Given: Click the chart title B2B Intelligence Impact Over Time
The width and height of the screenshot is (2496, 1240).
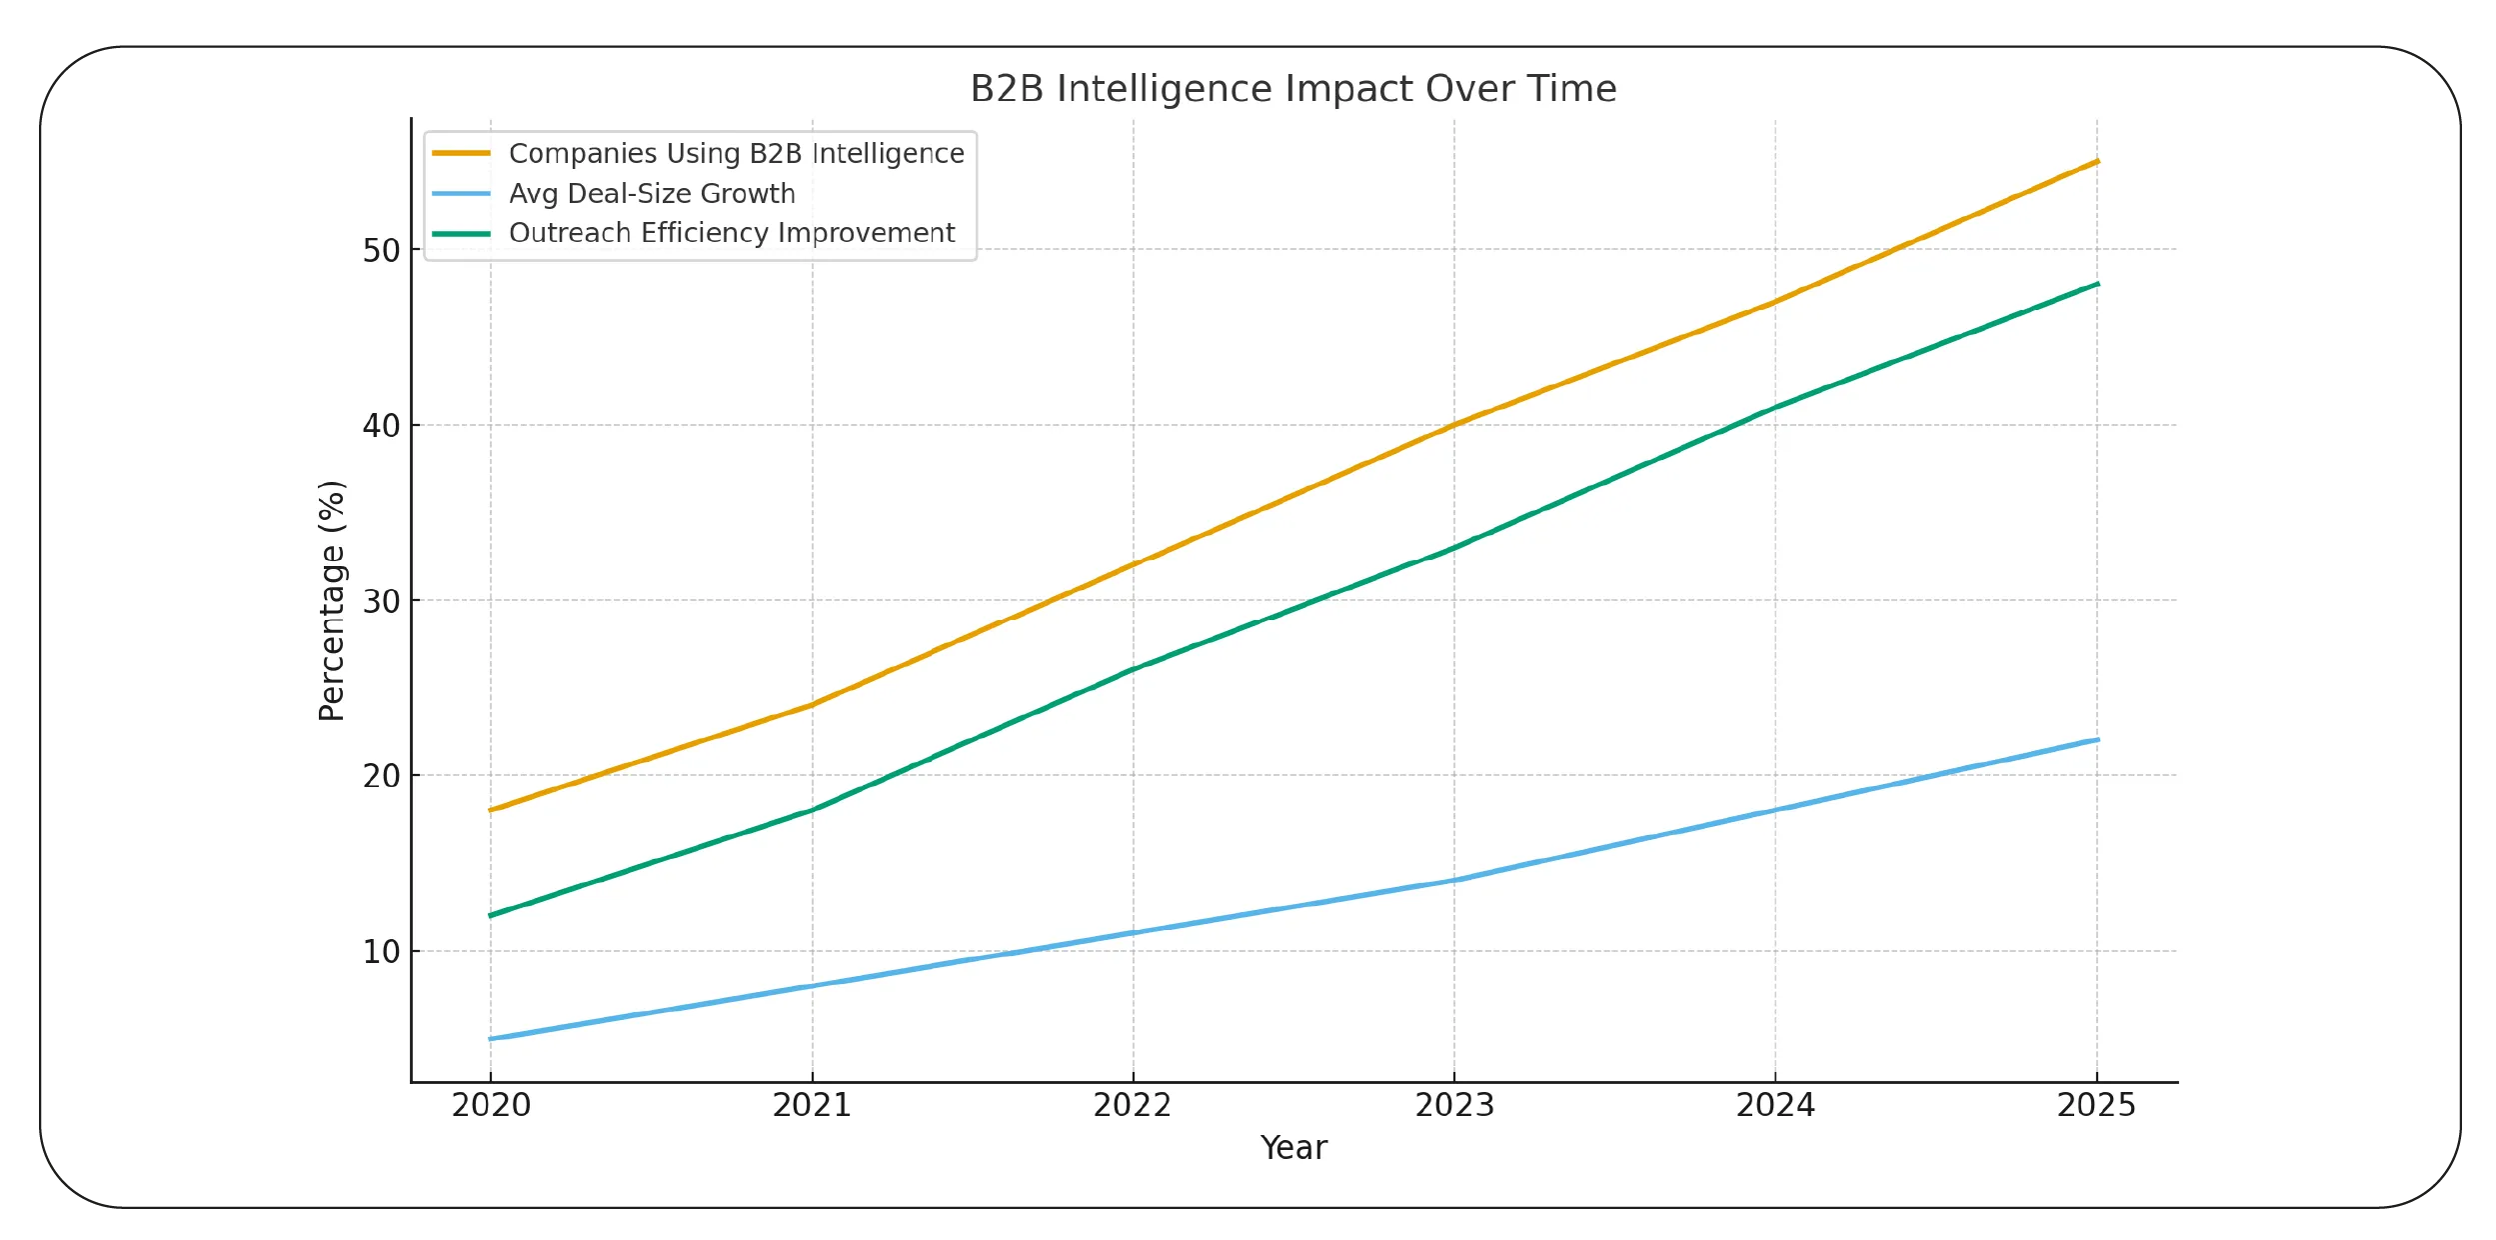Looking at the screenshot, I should click(x=1292, y=89).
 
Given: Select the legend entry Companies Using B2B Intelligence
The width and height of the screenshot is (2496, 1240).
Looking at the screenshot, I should click(x=736, y=153).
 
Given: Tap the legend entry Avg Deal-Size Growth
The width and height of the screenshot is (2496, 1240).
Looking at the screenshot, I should click(x=652, y=193).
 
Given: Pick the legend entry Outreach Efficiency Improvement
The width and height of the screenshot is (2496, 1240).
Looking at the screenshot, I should click(x=732, y=233).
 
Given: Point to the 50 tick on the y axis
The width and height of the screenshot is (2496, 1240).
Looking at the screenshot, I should click(x=381, y=250).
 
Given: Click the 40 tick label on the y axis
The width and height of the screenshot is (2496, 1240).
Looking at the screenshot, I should click(x=381, y=426).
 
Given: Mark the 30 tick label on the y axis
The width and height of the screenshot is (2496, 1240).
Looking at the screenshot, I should click(x=381, y=601).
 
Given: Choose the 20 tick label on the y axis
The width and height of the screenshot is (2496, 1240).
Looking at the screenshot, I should click(x=381, y=776).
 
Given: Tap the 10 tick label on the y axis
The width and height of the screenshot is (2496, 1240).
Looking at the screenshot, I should click(x=381, y=952).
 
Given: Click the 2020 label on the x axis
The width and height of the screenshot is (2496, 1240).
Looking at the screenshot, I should click(x=491, y=1105).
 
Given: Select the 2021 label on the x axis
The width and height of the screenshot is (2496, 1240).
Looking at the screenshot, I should click(x=812, y=1105).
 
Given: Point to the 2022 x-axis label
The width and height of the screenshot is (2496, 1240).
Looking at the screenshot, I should click(x=1133, y=1105).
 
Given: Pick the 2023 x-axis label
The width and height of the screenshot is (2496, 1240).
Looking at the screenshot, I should click(x=1454, y=1105).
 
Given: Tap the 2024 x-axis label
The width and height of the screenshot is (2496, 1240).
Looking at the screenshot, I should click(x=1775, y=1105).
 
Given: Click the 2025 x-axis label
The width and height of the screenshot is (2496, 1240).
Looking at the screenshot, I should click(x=2096, y=1105).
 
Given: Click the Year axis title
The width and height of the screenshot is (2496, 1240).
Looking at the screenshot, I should click(x=1293, y=1148).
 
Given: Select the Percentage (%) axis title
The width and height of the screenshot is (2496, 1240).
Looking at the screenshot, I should click(x=332, y=600).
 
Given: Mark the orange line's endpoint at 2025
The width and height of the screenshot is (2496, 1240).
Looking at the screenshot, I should click(x=2096, y=161).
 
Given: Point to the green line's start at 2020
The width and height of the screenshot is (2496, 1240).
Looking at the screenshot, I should click(x=491, y=915).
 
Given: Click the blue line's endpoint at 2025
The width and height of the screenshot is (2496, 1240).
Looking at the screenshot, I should click(x=2096, y=740).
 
